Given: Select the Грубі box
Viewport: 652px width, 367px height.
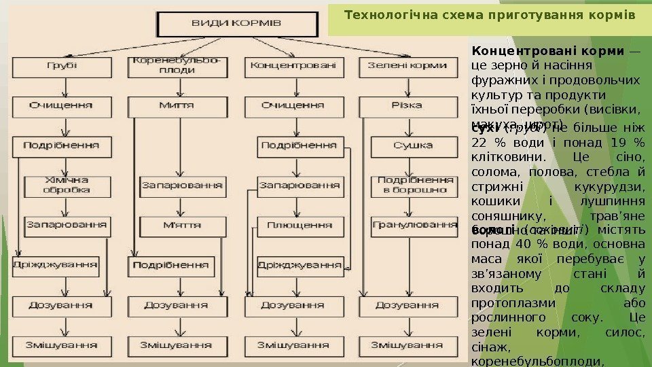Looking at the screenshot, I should [61, 67].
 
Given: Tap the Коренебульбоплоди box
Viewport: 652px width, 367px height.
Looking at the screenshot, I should [177, 65].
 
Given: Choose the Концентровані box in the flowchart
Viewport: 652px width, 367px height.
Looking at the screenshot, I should [293, 67].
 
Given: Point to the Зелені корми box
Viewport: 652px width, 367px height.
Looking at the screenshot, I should [407, 67].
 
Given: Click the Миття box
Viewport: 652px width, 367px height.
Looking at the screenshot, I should [177, 106].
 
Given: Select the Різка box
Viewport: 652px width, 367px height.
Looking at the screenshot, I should [407, 106].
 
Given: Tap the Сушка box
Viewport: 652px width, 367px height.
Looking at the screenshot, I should [413, 145].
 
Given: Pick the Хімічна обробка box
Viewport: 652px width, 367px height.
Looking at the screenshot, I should [66, 185].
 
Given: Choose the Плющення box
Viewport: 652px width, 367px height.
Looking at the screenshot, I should [299, 224].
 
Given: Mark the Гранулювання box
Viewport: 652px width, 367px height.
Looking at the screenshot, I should [414, 224].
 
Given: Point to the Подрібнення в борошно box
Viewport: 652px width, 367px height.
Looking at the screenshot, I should [414, 185].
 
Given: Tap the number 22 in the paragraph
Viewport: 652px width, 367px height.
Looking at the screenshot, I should [479, 142].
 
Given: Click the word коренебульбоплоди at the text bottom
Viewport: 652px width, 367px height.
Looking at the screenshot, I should [537, 362].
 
